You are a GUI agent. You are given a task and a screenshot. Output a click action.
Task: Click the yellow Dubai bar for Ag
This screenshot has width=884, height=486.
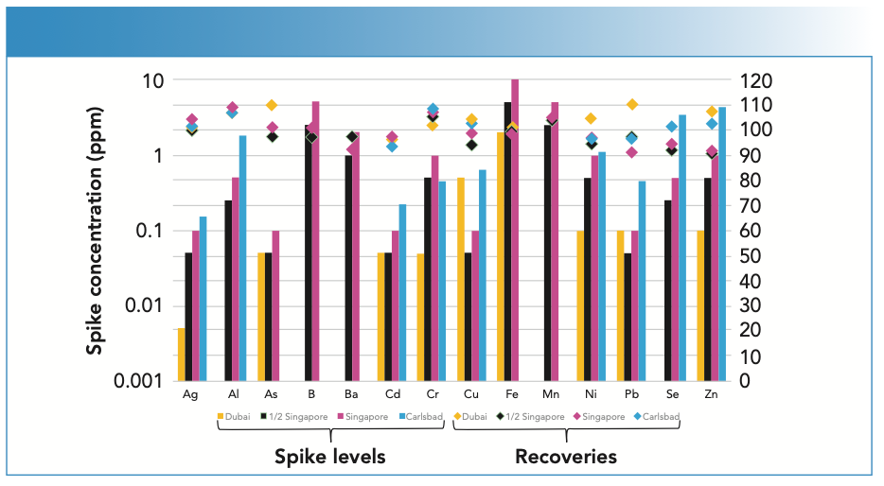(181, 355)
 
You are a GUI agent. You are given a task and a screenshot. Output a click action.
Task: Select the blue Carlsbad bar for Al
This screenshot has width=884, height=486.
(242, 258)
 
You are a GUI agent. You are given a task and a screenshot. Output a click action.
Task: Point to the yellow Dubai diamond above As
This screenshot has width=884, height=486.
(271, 105)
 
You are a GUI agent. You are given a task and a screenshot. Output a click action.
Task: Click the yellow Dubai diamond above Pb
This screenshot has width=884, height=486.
(632, 105)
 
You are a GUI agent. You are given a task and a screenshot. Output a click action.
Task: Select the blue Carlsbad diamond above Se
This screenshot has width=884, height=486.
(672, 127)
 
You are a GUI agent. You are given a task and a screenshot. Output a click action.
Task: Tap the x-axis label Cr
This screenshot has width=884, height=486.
(433, 394)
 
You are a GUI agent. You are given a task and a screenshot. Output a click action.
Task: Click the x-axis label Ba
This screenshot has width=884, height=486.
(351, 394)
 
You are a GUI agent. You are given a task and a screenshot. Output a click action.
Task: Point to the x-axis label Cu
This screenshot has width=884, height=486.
(471, 394)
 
